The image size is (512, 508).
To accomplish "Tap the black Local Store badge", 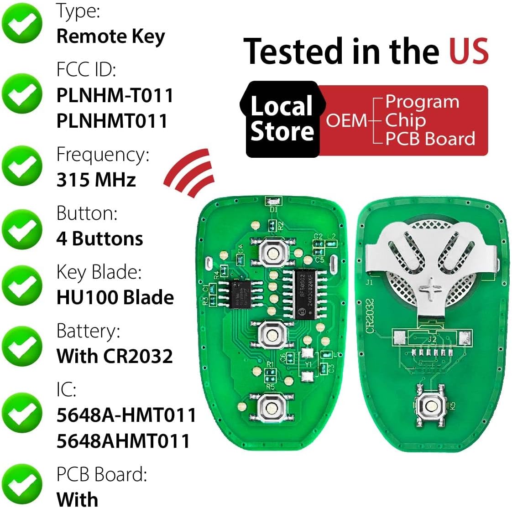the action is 282,119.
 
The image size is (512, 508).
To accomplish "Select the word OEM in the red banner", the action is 346,120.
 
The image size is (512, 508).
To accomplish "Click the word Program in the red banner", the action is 422,102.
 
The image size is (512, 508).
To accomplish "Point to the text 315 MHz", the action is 96,180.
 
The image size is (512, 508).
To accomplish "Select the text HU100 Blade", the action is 115,297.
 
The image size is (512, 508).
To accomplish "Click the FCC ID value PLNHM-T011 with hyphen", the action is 115,95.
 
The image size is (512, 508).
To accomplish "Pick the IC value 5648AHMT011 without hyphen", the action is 123,441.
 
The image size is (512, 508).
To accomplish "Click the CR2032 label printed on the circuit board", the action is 370,316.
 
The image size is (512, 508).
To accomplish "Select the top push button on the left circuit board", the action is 272,254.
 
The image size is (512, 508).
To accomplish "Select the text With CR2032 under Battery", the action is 115,356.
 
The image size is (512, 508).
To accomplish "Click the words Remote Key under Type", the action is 110,36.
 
